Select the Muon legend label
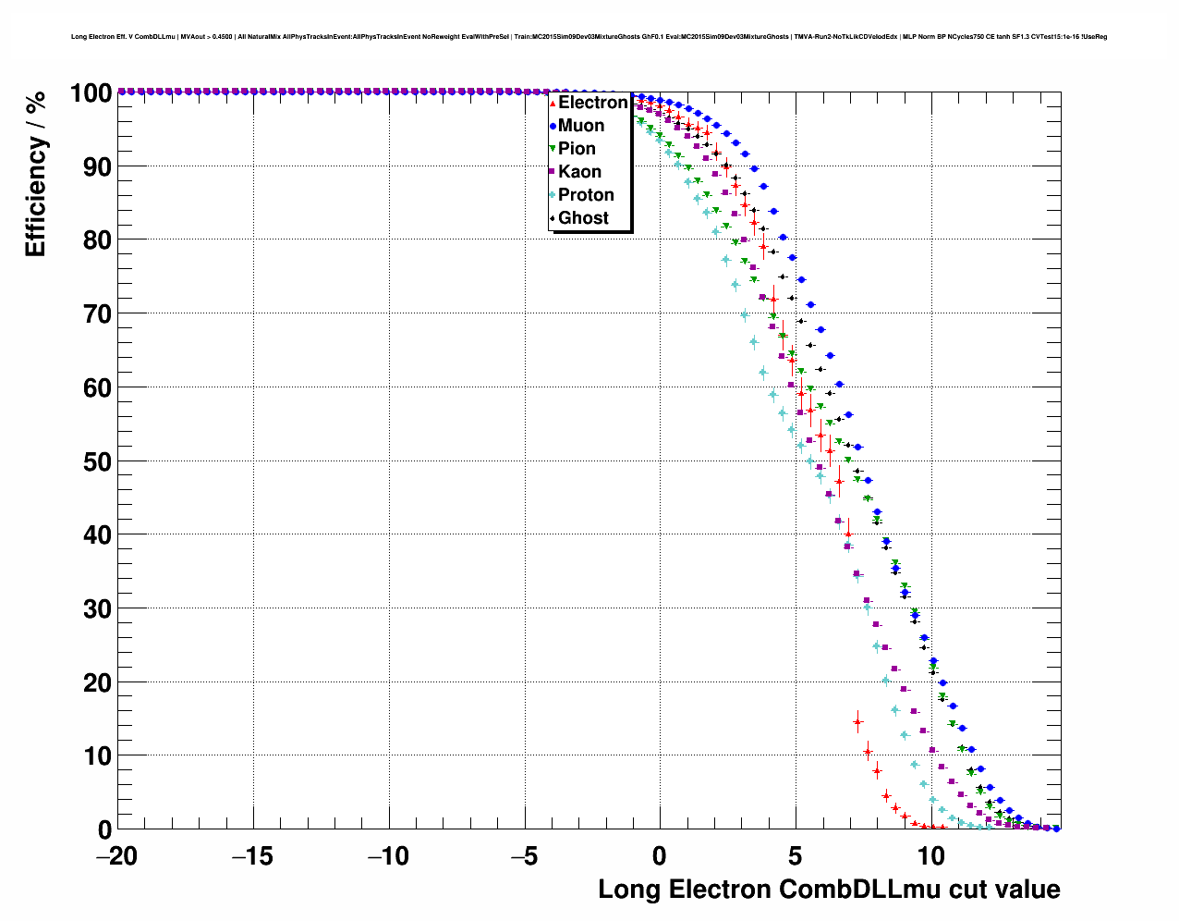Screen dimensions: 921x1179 point(580,126)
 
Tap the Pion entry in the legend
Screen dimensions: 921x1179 point(577,149)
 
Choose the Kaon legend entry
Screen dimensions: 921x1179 point(579,172)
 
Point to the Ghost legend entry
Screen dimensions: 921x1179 point(583,218)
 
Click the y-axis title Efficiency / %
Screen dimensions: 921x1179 point(35,174)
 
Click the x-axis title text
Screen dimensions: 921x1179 point(829,890)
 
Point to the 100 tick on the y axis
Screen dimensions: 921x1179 point(91,92)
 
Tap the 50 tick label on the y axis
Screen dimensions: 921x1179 point(97,461)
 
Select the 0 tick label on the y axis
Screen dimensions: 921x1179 point(104,829)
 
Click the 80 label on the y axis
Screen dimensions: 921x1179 point(97,240)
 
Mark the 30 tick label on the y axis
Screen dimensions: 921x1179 point(97,608)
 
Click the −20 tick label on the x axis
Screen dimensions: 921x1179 point(116,856)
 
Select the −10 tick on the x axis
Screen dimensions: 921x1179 point(388,856)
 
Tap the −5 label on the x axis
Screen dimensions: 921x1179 point(524,856)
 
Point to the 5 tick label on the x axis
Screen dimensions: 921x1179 point(796,856)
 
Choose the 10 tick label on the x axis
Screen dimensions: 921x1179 point(931,856)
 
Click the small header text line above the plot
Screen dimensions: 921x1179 point(589,37)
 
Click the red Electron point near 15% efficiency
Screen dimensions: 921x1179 point(857,721)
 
